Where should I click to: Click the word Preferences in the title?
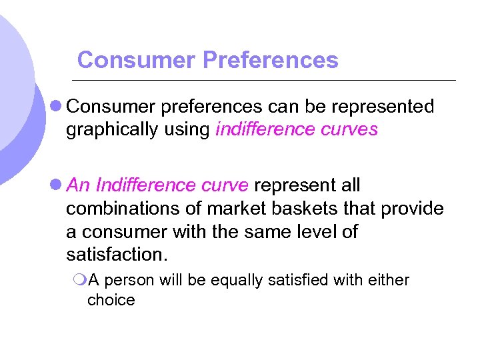tap(270, 61)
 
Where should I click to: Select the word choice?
tap(111, 301)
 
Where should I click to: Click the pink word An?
tap(77, 185)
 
